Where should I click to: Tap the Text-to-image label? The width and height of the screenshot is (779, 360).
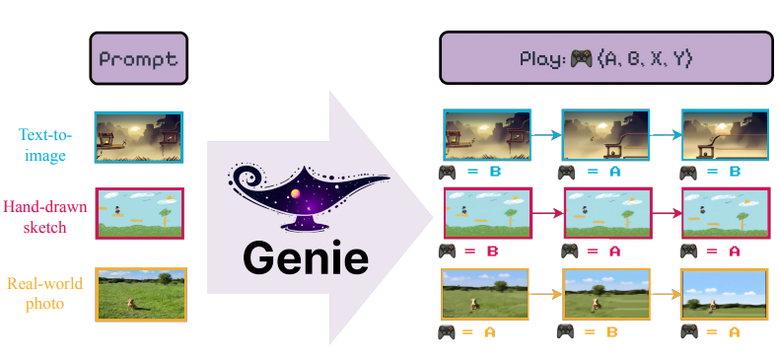point(46,143)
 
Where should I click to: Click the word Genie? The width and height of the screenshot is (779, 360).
point(307,258)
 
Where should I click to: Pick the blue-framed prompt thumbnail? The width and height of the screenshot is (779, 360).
point(138,136)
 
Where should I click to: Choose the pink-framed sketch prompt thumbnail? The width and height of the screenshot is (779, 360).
point(139,212)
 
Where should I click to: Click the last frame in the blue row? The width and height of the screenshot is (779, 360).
point(724,134)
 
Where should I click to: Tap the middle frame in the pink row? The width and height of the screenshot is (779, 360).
point(604,212)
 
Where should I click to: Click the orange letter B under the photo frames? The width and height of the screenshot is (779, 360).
point(611,332)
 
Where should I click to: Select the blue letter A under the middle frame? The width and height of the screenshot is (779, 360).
point(611,172)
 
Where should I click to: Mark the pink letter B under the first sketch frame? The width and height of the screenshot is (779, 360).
point(493,252)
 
